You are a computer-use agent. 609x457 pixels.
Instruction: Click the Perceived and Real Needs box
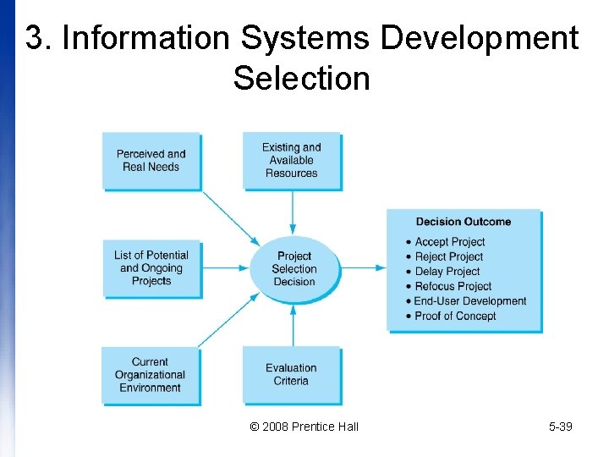151,161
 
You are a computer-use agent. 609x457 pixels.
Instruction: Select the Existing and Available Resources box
292,160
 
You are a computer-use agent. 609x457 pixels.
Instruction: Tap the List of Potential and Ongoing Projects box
151,267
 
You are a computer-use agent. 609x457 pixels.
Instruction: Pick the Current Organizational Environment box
151,374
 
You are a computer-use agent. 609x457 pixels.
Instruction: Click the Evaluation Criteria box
292,374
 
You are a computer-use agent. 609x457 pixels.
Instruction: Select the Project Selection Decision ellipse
294,269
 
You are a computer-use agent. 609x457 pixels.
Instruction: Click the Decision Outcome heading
464,222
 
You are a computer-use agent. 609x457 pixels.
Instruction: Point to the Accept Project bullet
450,242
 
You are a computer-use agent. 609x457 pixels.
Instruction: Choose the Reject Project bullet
449,256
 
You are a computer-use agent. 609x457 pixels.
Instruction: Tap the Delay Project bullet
447,272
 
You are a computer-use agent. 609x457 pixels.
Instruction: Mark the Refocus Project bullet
453,286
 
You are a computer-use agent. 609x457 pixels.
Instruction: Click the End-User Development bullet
470,301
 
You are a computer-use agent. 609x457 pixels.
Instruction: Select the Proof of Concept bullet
456,316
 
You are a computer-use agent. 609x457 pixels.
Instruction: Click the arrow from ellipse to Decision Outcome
364,268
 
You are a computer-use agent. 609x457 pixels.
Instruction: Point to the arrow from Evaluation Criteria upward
293,326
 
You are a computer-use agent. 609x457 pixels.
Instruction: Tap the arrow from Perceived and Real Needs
231,217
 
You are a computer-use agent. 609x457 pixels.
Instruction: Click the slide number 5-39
560,427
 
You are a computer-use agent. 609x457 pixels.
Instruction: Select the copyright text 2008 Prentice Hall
304,427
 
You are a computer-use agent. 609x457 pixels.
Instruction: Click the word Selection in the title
301,79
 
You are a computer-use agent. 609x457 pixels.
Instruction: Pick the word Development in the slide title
480,38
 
